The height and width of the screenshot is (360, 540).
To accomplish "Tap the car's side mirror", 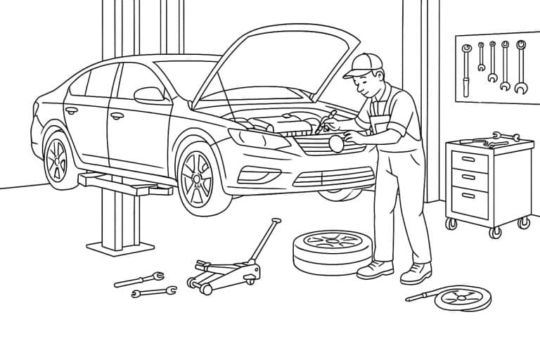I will click(149, 94).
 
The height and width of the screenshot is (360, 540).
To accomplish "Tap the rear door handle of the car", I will click(71, 110).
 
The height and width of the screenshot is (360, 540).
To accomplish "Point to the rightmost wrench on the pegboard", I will click(520, 67).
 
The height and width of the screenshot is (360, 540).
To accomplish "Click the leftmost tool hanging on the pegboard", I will click(465, 70).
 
